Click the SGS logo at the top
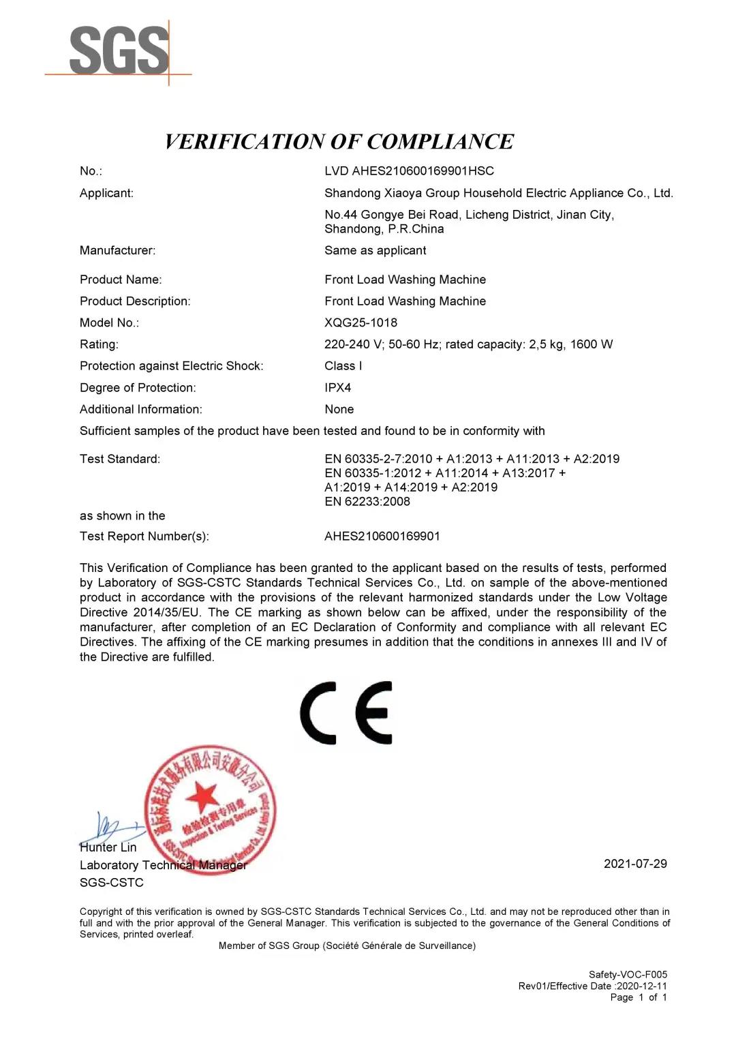pos(119,50)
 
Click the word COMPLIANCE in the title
pos(440,142)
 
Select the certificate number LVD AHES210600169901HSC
pos(409,171)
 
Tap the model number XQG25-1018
pos(361,322)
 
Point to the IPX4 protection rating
pos(337,387)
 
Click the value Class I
pos(343,365)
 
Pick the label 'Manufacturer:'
pos(117,250)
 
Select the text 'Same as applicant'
pos(375,250)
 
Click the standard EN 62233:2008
pos(367,501)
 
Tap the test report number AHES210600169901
pos(382,536)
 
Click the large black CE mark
pos(346,712)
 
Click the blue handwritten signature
pos(109,829)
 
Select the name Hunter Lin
pos(108,847)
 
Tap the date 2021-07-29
pos(635,864)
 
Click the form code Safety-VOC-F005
pos(628,974)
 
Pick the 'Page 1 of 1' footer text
pos(639,997)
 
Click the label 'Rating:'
pos(99,344)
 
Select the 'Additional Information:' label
pos(140,409)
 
